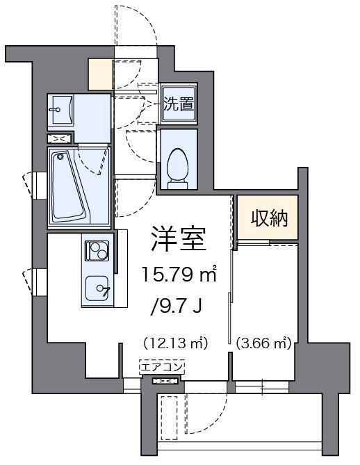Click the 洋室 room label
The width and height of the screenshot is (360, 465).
178,240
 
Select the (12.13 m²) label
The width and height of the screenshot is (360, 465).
177,342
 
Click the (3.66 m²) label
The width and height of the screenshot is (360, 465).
263,342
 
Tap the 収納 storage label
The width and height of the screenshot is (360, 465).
268,218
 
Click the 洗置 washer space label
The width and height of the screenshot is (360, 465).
178,104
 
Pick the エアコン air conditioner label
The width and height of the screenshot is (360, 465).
162,366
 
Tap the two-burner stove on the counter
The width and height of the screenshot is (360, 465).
95,249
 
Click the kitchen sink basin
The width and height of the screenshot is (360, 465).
97,288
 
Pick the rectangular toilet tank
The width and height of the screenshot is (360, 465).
177,183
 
